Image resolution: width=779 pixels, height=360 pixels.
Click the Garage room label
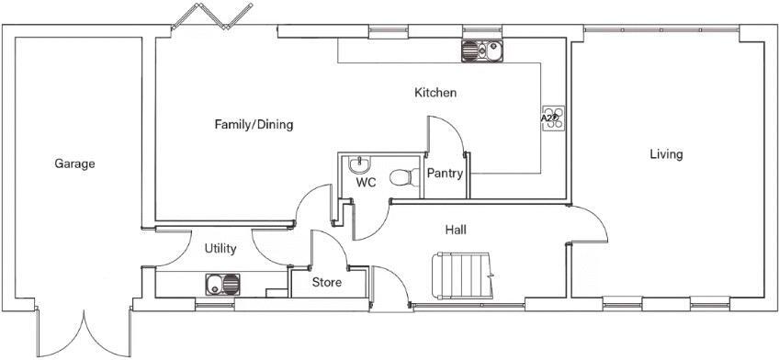click(74, 163)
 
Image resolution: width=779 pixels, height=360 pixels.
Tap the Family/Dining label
click(254, 124)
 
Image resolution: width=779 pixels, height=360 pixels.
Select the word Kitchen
click(435, 93)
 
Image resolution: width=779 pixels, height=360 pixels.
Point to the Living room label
click(666, 154)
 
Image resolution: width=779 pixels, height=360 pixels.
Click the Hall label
click(456, 230)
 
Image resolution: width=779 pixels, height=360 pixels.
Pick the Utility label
click(220, 249)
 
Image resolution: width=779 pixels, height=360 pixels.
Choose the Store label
click(327, 283)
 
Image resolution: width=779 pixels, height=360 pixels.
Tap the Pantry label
click(446, 174)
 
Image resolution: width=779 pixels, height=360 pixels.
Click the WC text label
click(366, 182)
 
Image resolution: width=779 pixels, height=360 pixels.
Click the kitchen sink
click(482, 51)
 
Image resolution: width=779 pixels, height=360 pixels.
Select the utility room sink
click(222, 285)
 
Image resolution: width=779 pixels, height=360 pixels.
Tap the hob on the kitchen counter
click(553, 118)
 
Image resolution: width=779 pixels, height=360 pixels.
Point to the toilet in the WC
click(405, 177)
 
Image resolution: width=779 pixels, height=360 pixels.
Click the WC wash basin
click(358, 163)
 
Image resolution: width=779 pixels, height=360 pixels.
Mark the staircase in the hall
click(463, 276)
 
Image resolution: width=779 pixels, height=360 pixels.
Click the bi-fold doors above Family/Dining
click(212, 16)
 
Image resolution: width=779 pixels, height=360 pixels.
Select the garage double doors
click(84, 332)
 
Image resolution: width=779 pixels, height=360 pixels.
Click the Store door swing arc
click(336, 242)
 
